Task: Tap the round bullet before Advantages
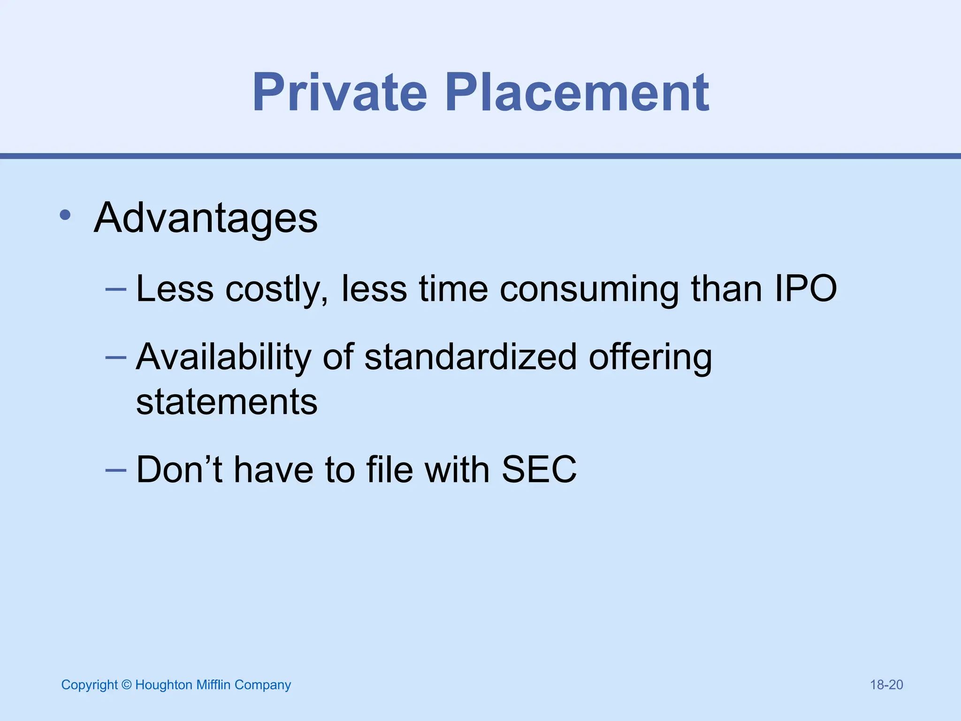click(x=65, y=215)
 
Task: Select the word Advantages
click(x=206, y=218)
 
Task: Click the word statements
click(x=227, y=402)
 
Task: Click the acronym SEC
click(x=539, y=469)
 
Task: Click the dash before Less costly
click(x=116, y=289)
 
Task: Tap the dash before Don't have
click(x=116, y=469)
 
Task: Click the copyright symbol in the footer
click(x=126, y=685)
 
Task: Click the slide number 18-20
click(x=886, y=685)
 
